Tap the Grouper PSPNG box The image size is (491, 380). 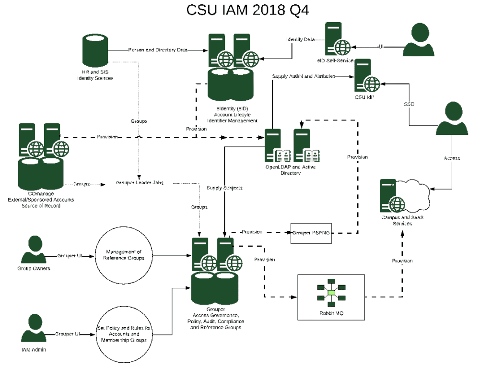click(311, 233)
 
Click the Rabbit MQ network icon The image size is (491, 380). click(331, 293)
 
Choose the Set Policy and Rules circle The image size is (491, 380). click(124, 334)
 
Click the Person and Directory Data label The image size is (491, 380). click(158, 50)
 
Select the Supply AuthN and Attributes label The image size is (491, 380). click(304, 76)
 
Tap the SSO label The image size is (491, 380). click(409, 104)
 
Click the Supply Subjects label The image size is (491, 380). click(224, 188)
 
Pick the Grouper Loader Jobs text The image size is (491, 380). click(140, 183)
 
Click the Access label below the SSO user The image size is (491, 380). click(452, 158)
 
